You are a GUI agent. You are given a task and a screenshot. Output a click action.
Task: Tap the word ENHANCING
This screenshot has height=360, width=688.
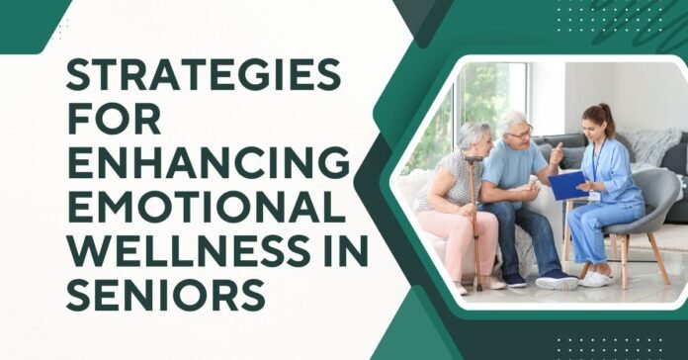tap(208, 161)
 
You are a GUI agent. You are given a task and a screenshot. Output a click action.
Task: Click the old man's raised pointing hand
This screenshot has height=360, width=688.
tap(556, 154)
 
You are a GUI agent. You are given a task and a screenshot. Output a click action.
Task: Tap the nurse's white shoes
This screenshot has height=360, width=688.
tap(598, 279)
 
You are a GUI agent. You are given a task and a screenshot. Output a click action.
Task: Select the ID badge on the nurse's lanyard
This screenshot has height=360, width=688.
tap(594, 195)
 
